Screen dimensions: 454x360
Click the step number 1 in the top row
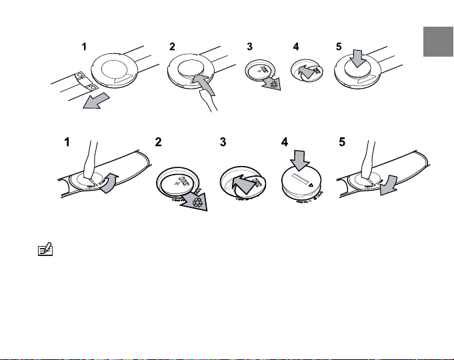click(x=84, y=47)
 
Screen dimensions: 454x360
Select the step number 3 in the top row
click(x=249, y=47)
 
